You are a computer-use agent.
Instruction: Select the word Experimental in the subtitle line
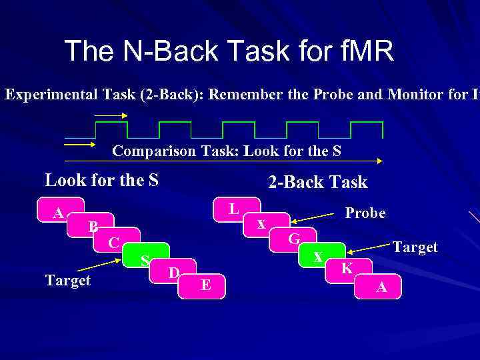point(45,95)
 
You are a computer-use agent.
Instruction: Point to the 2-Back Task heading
point(317,182)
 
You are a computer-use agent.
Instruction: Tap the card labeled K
point(347,269)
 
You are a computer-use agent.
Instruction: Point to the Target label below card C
point(67,281)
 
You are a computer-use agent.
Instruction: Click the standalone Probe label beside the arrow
point(365,213)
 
